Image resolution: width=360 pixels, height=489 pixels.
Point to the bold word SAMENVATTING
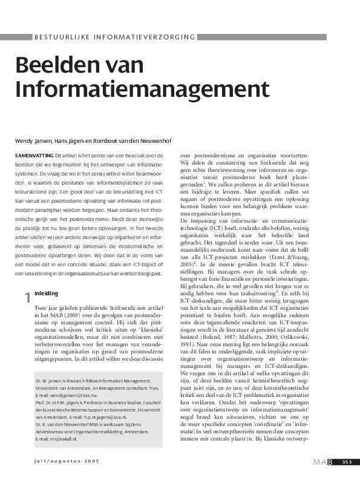[33, 156]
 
